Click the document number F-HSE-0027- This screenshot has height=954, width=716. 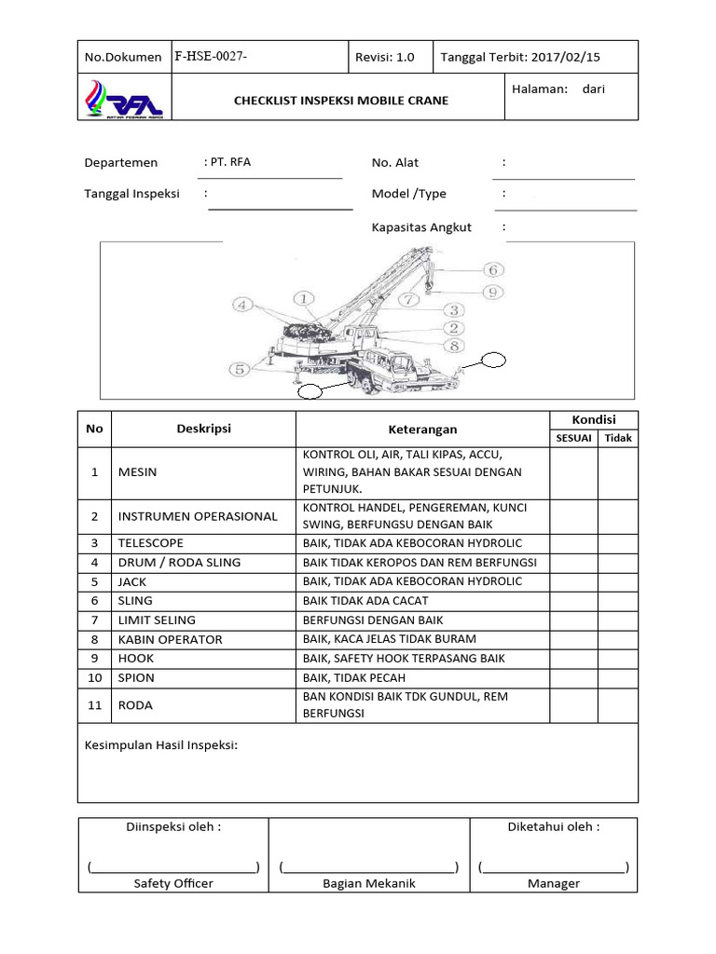point(211,57)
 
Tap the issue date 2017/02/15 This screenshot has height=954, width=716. point(566,57)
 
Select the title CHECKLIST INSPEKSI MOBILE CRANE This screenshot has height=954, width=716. point(340,101)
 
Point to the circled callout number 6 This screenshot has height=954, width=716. point(493,269)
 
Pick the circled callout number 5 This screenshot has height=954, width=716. point(240,369)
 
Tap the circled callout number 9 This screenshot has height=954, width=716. point(493,291)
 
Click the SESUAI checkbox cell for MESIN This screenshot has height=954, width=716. point(573,471)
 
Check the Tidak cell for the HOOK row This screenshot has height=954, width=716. point(617,659)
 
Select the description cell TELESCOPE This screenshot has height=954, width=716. point(150,543)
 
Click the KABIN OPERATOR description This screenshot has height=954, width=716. point(170,639)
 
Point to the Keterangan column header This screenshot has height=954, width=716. point(422,429)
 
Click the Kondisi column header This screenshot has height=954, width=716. point(593,419)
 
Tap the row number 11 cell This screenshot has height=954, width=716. point(94,705)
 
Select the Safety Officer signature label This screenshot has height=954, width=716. point(173,883)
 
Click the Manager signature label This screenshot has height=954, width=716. point(554,883)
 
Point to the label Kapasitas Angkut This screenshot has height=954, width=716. point(421,226)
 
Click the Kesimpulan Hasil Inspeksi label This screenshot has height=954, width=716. point(162,745)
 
